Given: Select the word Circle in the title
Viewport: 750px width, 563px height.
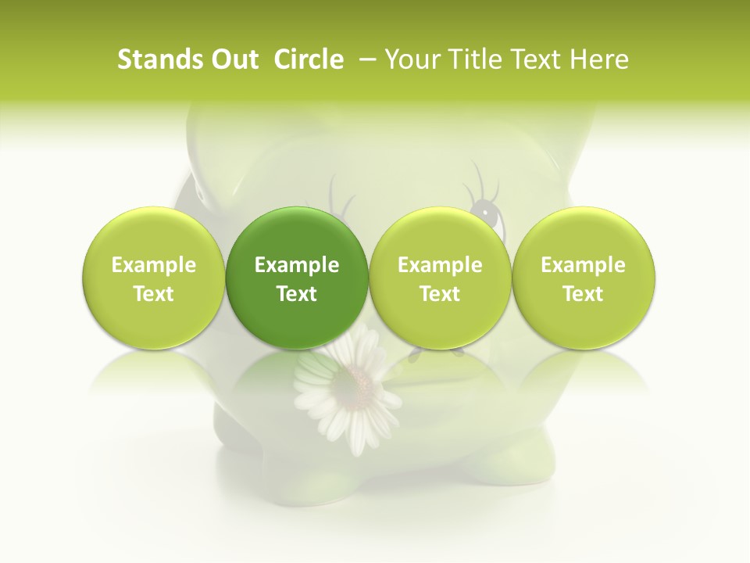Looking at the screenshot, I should [x=309, y=59].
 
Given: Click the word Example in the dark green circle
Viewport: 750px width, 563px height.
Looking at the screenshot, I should [x=297, y=265].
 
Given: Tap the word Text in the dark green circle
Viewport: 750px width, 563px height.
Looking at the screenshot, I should [x=297, y=294].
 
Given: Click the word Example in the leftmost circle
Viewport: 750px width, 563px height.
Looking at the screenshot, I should [x=154, y=265].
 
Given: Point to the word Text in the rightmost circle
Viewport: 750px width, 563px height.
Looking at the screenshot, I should [x=584, y=294].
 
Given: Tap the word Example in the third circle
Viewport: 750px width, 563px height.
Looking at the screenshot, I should [x=440, y=265].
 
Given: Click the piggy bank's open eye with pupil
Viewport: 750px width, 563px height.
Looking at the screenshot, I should [x=487, y=210].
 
